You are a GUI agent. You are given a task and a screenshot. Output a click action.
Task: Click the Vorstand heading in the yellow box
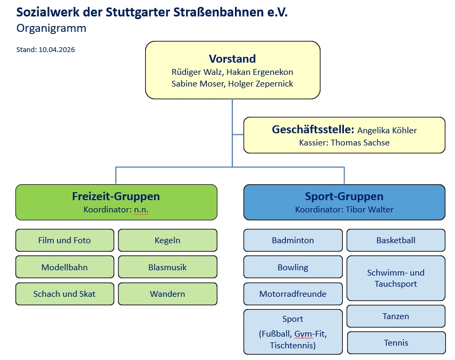click(x=232, y=59)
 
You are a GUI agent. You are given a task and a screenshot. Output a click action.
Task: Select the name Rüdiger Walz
click(x=194, y=72)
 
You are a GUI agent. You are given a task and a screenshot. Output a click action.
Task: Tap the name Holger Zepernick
click(x=260, y=84)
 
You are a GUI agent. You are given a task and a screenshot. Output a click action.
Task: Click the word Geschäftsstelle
click(x=313, y=130)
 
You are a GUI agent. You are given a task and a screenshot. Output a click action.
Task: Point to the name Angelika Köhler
click(x=387, y=130)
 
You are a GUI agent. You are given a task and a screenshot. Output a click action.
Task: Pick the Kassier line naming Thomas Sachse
click(x=344, y=143)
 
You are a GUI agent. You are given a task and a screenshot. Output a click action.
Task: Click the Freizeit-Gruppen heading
click(x=116, y=196)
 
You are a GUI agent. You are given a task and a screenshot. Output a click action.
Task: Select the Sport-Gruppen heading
click(x=344, y=196)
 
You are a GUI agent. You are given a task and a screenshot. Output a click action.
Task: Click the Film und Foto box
click(x=64, y=241)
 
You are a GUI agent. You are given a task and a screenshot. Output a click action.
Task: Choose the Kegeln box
click(x=167, y=241)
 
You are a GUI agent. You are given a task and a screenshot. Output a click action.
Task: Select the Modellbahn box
click(x=64, y=267)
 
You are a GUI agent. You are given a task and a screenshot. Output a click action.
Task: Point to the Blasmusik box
click(x=167, y=267)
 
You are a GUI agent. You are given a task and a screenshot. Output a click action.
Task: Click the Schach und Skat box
click(x=64, y=294)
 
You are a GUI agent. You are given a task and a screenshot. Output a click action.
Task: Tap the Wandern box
click(x=167, y=294)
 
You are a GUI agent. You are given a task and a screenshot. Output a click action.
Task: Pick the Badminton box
click(x=293, y=241)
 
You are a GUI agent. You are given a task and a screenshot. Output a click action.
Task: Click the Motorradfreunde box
click(x=293, y=294)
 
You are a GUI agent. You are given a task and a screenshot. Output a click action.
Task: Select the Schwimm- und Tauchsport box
click(x=396, y=278)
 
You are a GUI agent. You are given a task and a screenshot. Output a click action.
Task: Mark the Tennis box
click(x=396, y=342)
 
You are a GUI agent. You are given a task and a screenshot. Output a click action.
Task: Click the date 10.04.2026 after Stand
click(x=57, y=50)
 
